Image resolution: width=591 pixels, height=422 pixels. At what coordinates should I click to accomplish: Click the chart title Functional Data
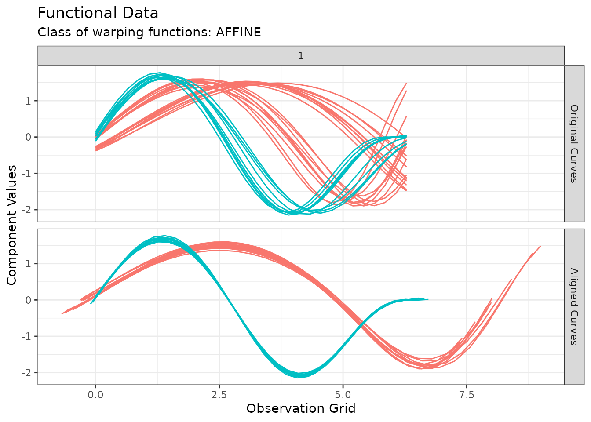98,13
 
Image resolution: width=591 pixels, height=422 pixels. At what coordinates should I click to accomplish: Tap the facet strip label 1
301,56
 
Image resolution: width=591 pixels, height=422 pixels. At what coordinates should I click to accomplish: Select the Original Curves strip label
574,143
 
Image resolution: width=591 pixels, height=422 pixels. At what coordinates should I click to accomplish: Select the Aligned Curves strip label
574,306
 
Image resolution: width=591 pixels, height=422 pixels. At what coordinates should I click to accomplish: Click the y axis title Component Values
12,225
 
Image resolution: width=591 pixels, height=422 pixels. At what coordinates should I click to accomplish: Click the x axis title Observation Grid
301,409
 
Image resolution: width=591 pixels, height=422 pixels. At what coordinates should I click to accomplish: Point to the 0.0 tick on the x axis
95,395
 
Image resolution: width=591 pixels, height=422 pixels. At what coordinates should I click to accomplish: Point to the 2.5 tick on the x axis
219,395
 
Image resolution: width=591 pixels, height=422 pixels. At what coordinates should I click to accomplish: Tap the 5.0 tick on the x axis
343,395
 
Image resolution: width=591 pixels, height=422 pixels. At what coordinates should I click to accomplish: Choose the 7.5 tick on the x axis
467,395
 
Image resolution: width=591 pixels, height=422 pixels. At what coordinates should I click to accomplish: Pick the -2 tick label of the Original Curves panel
28,210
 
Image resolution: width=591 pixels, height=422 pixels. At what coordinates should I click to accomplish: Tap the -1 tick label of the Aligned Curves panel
28,337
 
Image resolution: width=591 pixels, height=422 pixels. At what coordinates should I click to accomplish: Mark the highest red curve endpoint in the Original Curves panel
406,83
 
